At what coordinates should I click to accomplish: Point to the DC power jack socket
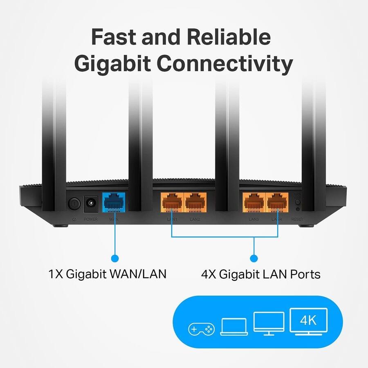point(91,203)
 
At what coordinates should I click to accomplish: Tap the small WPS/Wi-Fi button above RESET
point(298,202)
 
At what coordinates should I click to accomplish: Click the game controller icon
point(201,328)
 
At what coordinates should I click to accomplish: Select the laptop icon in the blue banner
point(234,327)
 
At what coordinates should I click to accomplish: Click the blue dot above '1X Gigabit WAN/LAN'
point(115,258)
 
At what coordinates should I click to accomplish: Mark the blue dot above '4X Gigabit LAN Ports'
point(254,258)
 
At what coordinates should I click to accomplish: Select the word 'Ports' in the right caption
point(304,274)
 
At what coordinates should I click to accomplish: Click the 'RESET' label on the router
point(297,219)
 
